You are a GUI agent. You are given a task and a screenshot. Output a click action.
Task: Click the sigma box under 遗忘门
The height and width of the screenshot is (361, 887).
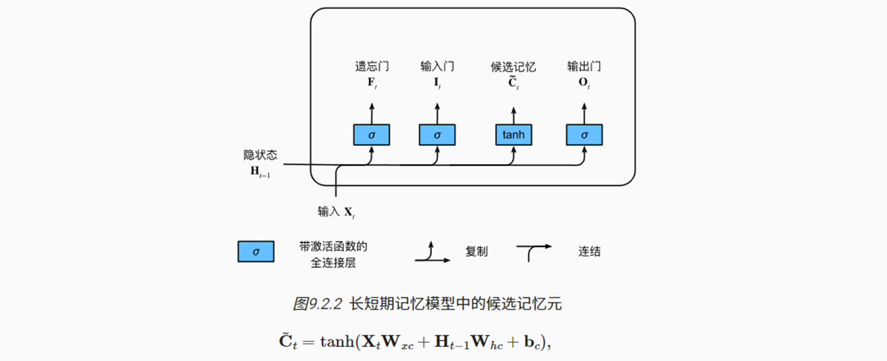(371, 135)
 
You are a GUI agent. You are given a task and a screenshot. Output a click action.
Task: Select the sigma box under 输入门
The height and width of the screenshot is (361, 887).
(437, 135)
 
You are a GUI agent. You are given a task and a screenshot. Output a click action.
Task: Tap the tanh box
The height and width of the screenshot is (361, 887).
(513, 135)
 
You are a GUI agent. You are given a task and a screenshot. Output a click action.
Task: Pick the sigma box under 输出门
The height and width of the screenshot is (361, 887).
(584, 135)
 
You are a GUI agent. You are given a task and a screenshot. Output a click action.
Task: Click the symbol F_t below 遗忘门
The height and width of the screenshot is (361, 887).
(371, 83)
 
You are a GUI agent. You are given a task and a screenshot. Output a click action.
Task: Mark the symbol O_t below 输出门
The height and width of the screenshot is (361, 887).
(584, 83)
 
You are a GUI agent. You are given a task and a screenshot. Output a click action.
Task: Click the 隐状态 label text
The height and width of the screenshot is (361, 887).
(260, 155)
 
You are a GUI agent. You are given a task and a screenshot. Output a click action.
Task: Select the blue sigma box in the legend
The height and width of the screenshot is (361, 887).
(256, 251)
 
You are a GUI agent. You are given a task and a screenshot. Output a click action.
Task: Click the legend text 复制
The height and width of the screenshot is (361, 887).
(476, 251)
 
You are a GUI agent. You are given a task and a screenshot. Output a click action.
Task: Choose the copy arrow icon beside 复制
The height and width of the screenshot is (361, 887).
(431, 252)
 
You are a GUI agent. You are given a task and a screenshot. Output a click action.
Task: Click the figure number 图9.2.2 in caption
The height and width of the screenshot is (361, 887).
(318, 304)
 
